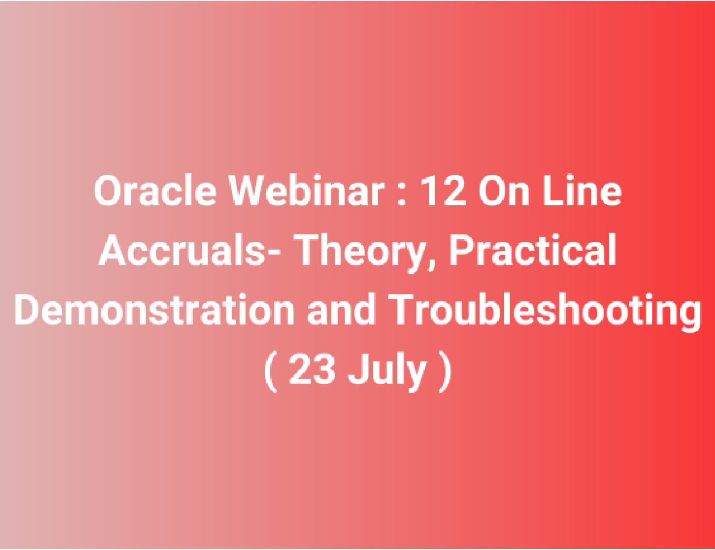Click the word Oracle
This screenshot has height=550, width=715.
155,191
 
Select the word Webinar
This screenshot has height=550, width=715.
307,191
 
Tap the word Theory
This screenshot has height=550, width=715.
359,252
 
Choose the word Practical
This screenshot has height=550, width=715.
532,250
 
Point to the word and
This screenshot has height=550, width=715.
341,309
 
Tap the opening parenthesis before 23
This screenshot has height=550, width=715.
271,372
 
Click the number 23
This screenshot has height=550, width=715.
312,369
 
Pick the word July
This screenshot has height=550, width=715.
387,372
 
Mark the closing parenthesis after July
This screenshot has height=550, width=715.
445,372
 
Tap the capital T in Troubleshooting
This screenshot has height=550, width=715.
404,309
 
